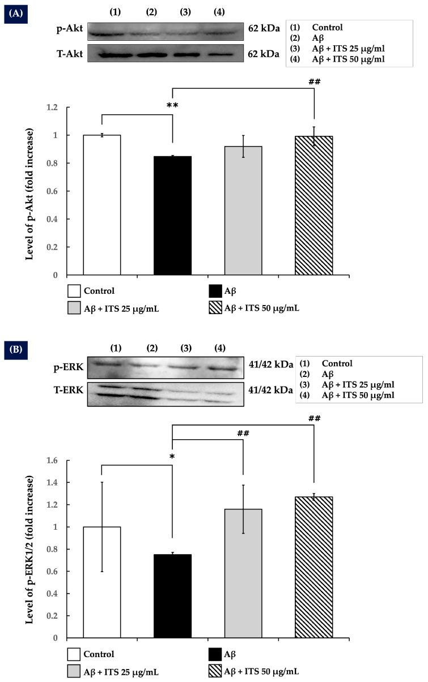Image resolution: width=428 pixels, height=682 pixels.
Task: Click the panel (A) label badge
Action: tap(14, 11)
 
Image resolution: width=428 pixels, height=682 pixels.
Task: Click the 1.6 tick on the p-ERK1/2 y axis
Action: tap(54, 461)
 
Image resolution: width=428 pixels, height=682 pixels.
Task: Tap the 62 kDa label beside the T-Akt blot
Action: tap(263, 54)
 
